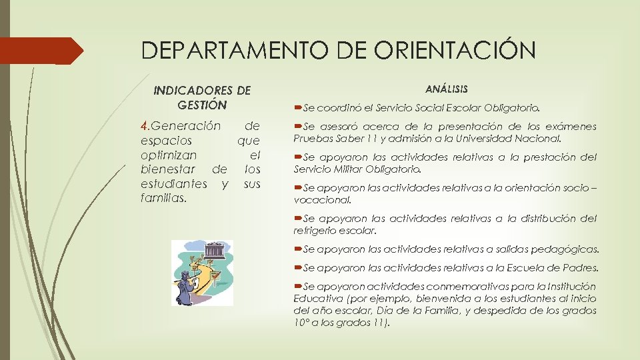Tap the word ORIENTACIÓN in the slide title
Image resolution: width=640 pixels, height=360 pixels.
point(459,51)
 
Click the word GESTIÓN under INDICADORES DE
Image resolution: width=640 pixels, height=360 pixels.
point(203,105)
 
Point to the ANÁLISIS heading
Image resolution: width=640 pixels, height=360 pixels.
point(446,88)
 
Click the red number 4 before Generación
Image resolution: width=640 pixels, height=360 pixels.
point(145,125)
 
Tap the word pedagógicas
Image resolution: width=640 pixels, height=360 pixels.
point(563,249)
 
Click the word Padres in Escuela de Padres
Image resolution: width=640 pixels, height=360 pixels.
point(582,268)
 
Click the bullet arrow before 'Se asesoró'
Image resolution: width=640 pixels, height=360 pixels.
point(298,126)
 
